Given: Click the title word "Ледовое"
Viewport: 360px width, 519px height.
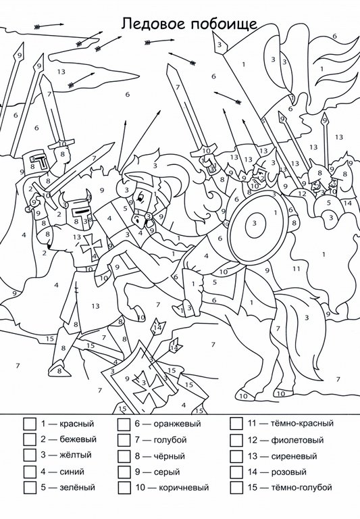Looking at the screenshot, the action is point(153,24).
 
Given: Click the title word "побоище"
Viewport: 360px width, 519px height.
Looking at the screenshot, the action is point(224,24).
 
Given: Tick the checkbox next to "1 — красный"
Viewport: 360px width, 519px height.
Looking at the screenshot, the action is point(30,424).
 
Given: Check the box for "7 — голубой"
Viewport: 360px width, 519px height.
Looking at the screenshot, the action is point(124,440).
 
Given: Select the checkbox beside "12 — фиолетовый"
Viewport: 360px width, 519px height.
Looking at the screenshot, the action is point(236,440).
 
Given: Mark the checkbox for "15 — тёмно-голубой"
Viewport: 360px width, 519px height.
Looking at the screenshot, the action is point(236,487).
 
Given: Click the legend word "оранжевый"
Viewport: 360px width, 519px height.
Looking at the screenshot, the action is point(177,424).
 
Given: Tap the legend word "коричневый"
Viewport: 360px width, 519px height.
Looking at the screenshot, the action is point(184,487).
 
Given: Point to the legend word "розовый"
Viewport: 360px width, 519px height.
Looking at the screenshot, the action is point(289,472).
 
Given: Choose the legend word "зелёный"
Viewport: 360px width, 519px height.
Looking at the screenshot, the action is point(77,487).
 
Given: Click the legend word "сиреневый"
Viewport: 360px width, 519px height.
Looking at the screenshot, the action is point(294,456).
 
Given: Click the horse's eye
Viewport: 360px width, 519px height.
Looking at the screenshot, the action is point(140,198).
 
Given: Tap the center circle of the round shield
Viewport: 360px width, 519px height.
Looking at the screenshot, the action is point(255,224).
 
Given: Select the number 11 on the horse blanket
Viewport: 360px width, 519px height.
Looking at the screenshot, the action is point(296,269).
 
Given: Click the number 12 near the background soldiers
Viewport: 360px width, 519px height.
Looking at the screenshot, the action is point(302,194).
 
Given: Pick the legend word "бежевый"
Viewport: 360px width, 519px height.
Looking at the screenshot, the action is point(78,439).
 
